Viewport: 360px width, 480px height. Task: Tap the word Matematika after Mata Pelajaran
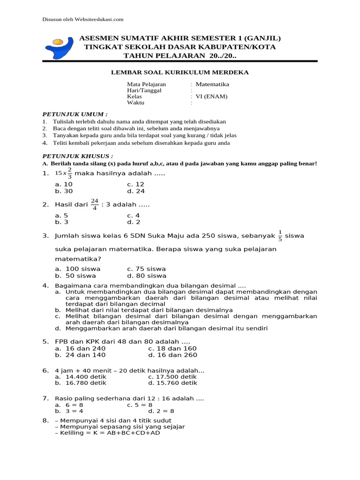(x=212, y=84)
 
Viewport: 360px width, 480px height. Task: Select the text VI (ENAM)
(x=211, y=97)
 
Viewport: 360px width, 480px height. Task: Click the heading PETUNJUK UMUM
(x=75, y=114)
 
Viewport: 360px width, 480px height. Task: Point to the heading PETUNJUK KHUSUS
(x=78, y=156)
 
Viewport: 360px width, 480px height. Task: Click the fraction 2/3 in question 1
(x=69, y=173)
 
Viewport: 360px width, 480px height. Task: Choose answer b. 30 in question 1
(x=64, y=191)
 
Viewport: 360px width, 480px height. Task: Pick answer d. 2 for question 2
(x=134, y=222)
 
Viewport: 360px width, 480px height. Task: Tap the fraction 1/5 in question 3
(x=280, y=236)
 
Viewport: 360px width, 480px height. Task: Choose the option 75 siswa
(x=146, y=269)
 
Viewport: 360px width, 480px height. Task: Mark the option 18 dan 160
(x=172, y=348)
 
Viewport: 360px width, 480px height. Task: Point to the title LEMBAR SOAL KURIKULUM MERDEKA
(x=180, y=72)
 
